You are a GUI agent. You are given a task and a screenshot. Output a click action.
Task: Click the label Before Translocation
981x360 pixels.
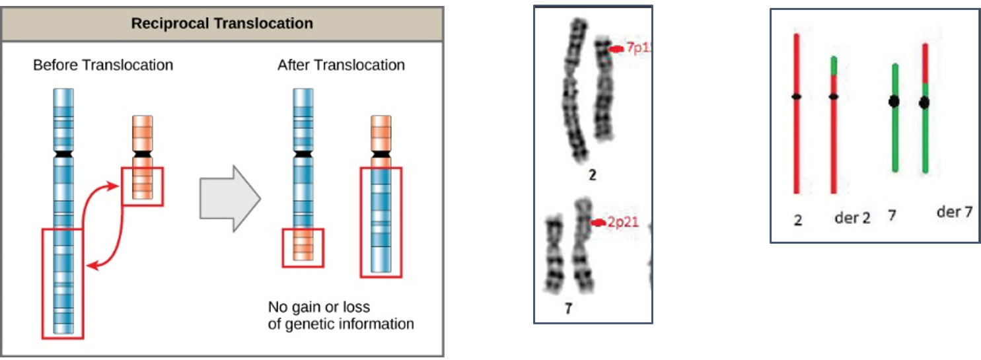click(103, 65)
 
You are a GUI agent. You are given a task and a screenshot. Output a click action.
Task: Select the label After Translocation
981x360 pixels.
click(341, 65)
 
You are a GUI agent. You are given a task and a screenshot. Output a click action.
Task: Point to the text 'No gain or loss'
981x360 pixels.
click(319, 308)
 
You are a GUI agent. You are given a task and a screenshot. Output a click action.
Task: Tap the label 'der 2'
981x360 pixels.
click(852, 217)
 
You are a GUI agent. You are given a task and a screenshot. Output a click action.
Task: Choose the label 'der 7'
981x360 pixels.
click(955, 212)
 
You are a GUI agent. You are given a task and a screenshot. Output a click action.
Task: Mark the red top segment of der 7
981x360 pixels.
click(926, 63)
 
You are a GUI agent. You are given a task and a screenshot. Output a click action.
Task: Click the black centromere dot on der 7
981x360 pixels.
click(925, 102)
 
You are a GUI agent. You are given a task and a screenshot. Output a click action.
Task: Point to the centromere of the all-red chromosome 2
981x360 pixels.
click(797, 97)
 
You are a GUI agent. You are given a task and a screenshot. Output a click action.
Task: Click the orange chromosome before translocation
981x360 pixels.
click(142, 159)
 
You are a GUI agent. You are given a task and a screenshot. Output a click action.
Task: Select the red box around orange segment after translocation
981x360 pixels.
click(303, 248)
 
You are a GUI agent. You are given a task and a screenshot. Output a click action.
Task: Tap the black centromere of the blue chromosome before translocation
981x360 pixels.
click(63, 154)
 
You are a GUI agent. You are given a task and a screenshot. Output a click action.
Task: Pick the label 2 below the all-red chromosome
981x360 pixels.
click(798, 220)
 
